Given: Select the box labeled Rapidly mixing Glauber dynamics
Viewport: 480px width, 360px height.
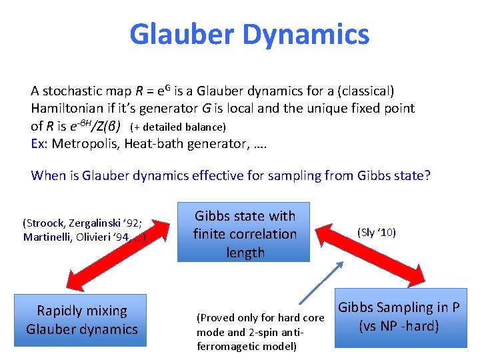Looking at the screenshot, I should [81, 320].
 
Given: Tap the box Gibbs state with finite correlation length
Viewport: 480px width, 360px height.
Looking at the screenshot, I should [245, 234].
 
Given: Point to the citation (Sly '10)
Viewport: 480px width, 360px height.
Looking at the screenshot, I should [377, 232].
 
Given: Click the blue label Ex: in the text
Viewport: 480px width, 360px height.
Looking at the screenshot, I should [39, 143].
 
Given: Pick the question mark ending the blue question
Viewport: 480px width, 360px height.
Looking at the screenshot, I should [427, 175].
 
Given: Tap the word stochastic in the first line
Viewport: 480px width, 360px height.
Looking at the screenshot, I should [71, 90].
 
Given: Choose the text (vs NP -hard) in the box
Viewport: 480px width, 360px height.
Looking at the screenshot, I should [399, 327].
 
